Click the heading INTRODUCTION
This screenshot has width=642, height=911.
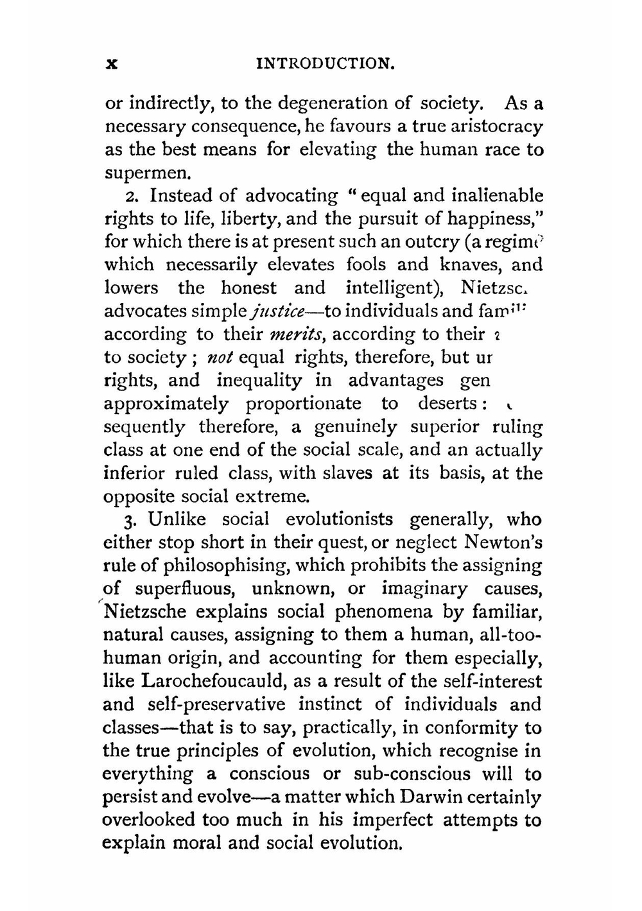coord(324,64)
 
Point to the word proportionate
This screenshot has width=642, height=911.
coord(303,404)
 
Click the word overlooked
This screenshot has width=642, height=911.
coord(149,820)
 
